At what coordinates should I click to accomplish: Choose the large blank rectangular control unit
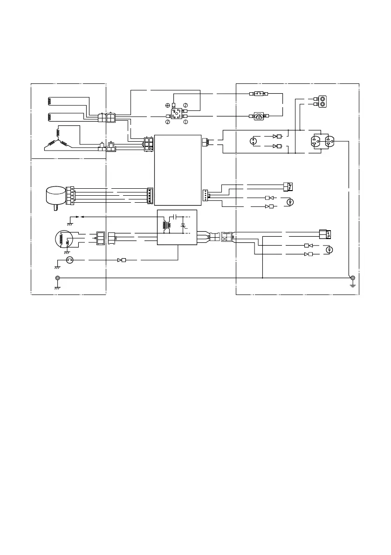tap(178, 170)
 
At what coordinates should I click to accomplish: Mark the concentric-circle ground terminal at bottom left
tap(57, 279)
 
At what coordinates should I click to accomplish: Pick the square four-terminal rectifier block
tap(175, 113)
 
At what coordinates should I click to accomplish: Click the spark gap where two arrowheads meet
tap(77, 217)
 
